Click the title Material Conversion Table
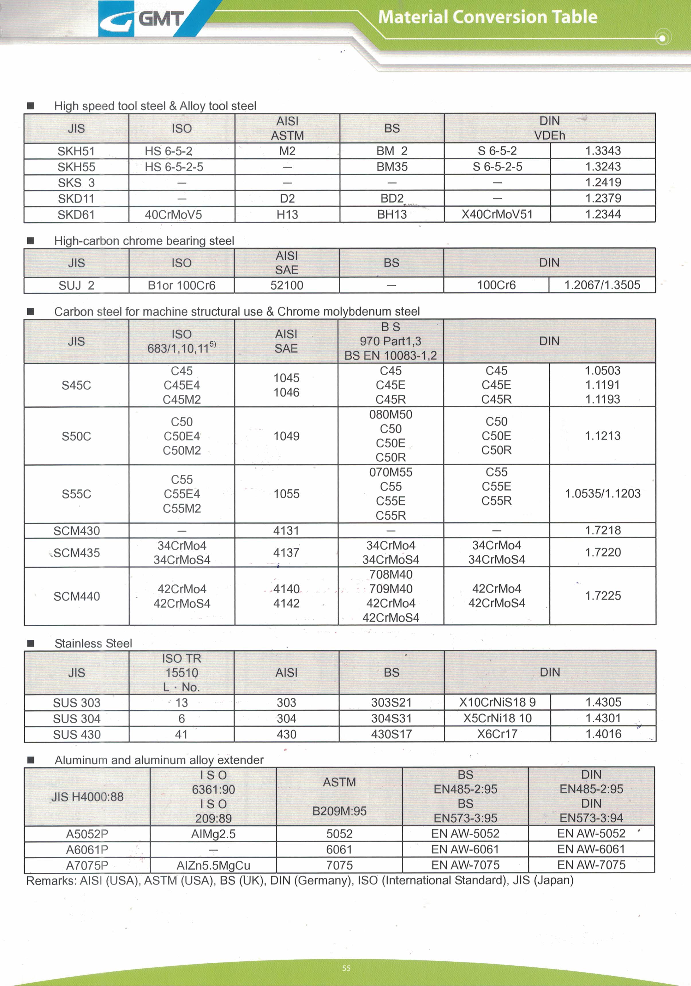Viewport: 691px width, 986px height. click(487, 17)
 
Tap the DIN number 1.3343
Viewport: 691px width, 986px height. click(603, 151)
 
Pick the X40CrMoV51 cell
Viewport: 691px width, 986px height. click(497, 214)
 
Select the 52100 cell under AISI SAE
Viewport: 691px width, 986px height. click(287, 285)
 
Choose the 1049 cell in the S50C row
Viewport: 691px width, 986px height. click(287, 436)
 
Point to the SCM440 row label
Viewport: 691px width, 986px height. click(77, 596)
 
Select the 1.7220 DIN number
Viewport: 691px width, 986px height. click(603, 552)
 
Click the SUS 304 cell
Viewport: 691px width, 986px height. click(77, 718)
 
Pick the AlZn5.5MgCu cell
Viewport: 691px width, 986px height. click(213, 865)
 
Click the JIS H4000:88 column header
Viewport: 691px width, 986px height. click(87, 797)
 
